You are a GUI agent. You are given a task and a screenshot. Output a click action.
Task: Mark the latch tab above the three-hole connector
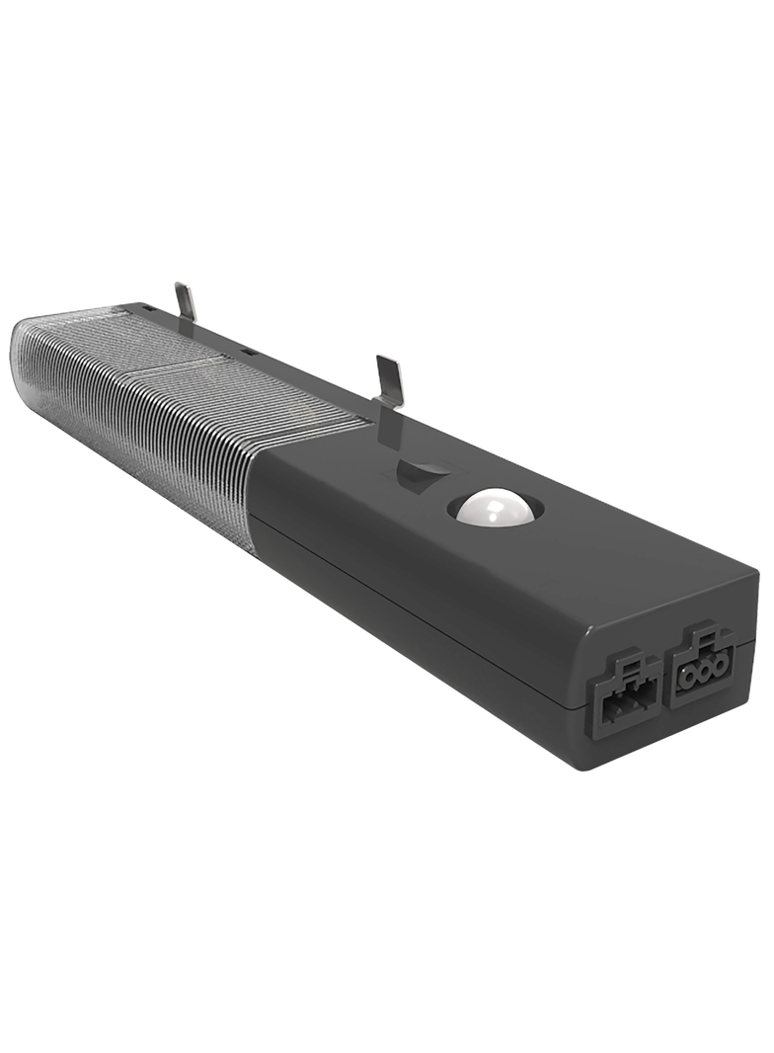coord(702,635)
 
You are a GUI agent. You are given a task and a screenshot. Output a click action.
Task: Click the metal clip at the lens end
coord(185,301)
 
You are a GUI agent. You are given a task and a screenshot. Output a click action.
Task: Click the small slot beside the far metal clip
coord(147,309)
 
